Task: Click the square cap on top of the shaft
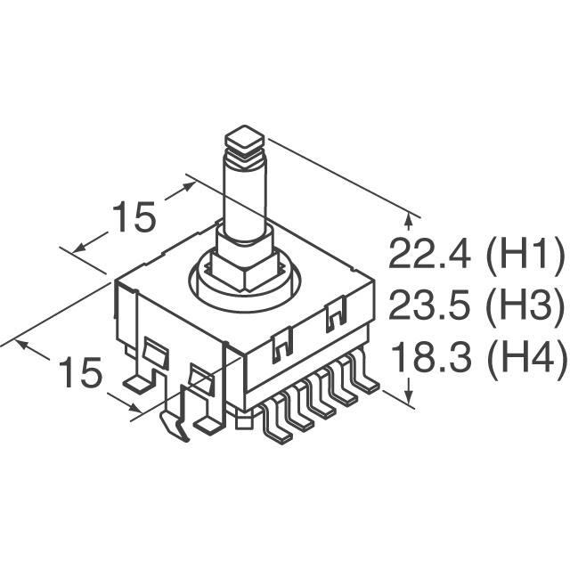tap(246, 137)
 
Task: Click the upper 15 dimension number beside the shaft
tap(134, 217)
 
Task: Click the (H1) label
tap(525, 256)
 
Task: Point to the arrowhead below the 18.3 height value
tap(409, 397)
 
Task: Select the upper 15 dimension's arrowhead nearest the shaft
tap(189, 185)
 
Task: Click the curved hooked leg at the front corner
tap(176, 427)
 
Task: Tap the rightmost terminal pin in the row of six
tap(367, 385)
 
